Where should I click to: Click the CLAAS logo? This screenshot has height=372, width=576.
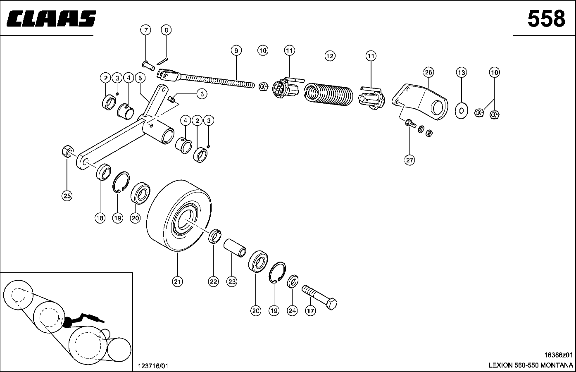51,19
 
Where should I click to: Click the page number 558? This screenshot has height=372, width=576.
546,19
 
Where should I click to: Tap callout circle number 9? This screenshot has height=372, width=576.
236,51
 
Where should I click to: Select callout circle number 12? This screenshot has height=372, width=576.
329,56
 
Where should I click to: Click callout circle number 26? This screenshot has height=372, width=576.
428,72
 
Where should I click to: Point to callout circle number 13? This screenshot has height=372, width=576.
461,72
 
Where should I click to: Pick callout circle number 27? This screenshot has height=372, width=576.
409,160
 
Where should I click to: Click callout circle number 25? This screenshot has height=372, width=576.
67,196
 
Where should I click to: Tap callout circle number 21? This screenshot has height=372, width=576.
177,281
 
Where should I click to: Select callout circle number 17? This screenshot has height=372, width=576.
310,310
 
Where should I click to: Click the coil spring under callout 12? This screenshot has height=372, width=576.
328,93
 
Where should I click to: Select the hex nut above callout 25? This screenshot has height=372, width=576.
67,151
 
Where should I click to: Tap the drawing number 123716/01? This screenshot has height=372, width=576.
153,366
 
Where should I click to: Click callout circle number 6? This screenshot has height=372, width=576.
201,94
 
